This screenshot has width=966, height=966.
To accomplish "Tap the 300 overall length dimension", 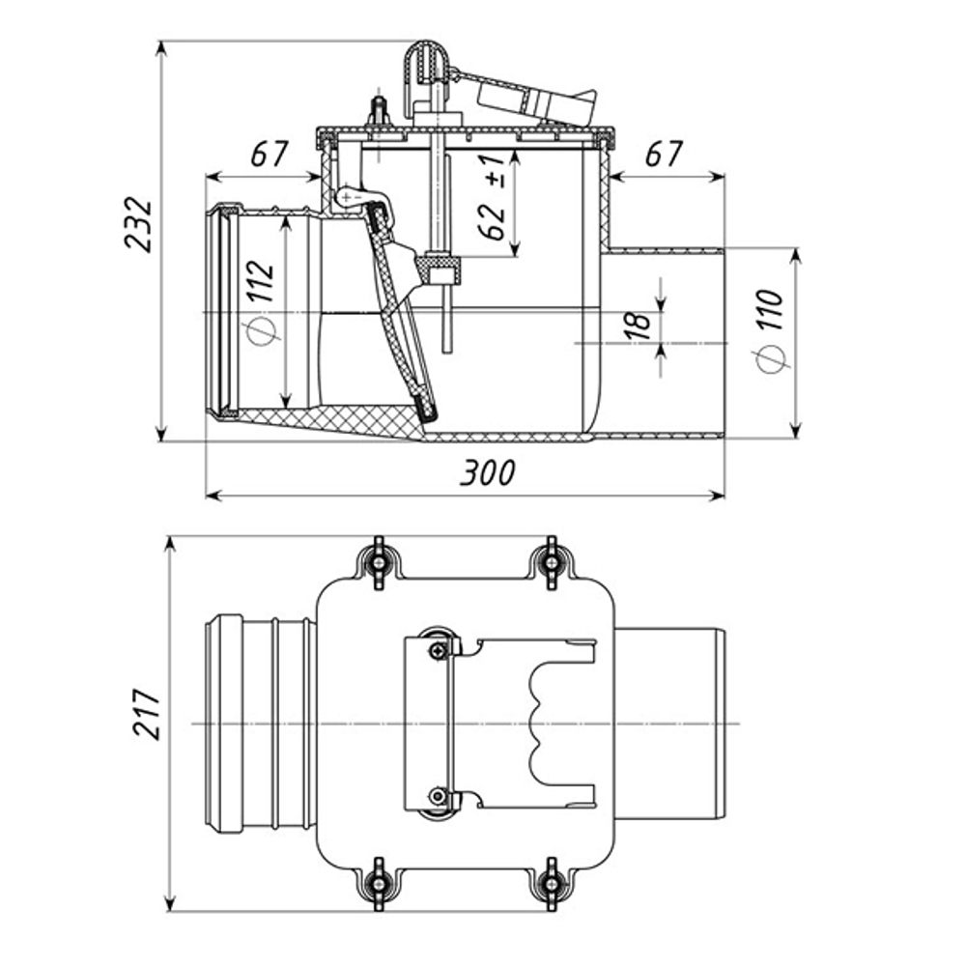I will (x=487, y=472).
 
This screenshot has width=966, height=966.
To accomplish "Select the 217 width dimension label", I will (x=146, y=714).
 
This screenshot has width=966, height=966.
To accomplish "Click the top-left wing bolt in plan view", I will (x=378, y=559).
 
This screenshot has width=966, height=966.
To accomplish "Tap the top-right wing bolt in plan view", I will (x=551, y=559).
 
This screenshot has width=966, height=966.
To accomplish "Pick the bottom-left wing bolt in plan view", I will (x=378, y=880).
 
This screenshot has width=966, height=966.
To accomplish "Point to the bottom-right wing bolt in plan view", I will (x=551, y=880).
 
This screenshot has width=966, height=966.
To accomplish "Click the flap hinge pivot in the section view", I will (x=345, y=197).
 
